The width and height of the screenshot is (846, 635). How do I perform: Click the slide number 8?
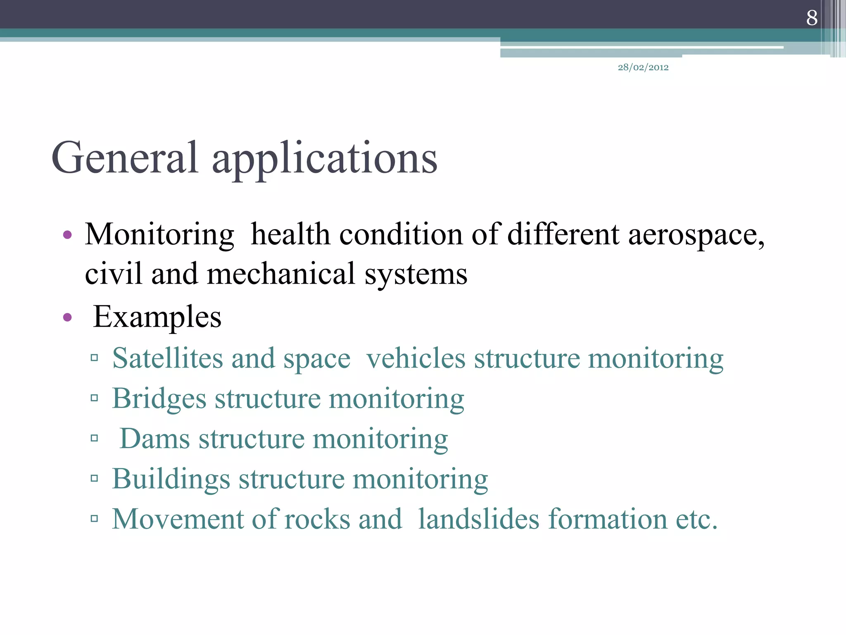click(x=812, y=18)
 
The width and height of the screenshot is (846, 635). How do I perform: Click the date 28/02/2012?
click(x=643, y=67)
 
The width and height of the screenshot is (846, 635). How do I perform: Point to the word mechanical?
click(x=281, y=274)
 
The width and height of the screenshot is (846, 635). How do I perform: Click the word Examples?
click(x=157, y=317)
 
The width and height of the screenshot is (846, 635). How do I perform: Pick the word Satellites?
click(x=167, y=358)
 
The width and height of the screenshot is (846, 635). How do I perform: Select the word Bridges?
click(x=159, y=399)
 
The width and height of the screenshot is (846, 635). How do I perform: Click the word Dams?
click(x=154, y=439)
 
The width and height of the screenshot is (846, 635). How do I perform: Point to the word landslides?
click(x=479, y=519)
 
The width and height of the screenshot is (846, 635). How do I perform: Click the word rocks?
click(x=317, y=519)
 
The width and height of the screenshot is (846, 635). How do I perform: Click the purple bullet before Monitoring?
click(x=67, y=236)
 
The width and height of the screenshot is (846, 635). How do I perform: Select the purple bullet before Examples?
click(x=67, y=318)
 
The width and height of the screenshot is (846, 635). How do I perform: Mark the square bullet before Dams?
click(x=94, y=438)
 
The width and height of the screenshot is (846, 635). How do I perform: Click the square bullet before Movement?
click(x=94, y=518)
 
